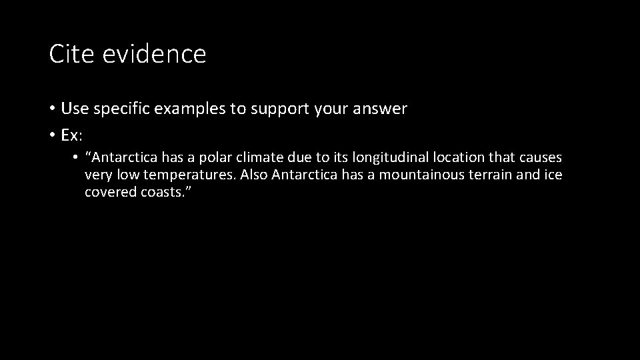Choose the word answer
(381, 109)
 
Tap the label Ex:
(71, 135)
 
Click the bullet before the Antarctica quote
(77, 158)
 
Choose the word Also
(255, 175)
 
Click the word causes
(542, 158)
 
